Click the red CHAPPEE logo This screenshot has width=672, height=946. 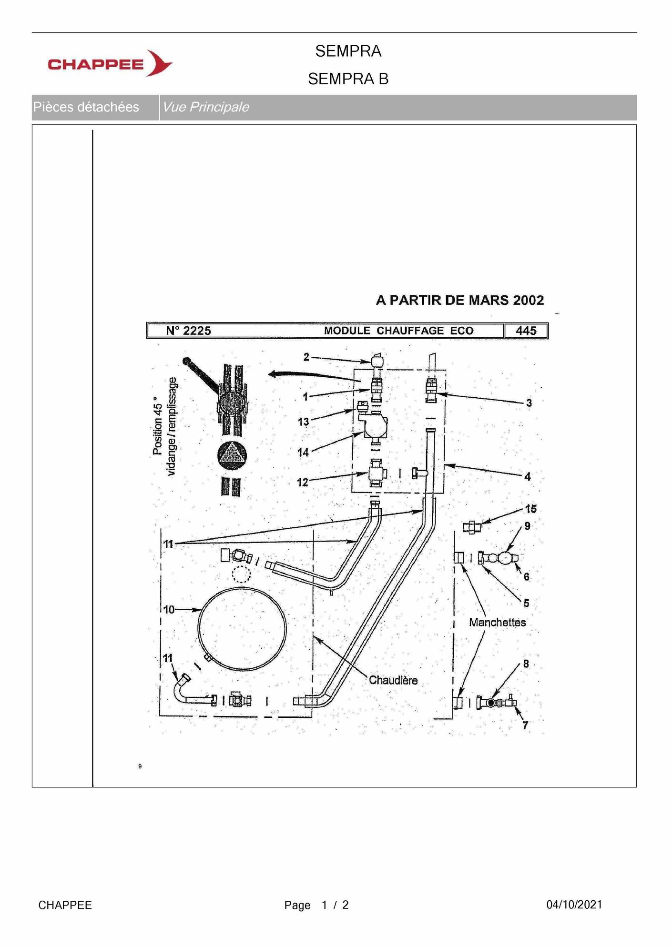pos(110,63)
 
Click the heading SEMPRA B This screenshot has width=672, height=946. pos(348,79)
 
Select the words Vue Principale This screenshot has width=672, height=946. pos(205,107)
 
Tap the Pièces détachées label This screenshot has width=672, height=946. pos(86,107)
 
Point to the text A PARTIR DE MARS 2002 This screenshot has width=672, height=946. pos(460,300)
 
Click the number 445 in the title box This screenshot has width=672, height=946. pos(526,331)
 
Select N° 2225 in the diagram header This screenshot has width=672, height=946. pos(188,331)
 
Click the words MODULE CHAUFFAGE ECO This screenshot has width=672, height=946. pos(399,331)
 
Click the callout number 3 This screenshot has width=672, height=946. pos(529,403)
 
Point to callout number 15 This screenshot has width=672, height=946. pos(531,509)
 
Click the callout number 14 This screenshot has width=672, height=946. pos(303,453)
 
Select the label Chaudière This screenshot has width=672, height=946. pos(393,680)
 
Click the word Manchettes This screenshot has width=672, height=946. pos(498,622)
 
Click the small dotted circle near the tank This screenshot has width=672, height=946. pos(242,574)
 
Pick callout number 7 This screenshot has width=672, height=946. pos(525,725)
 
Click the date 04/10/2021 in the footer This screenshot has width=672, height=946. pos(574,905)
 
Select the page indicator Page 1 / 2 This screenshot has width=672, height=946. pos(316,905)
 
